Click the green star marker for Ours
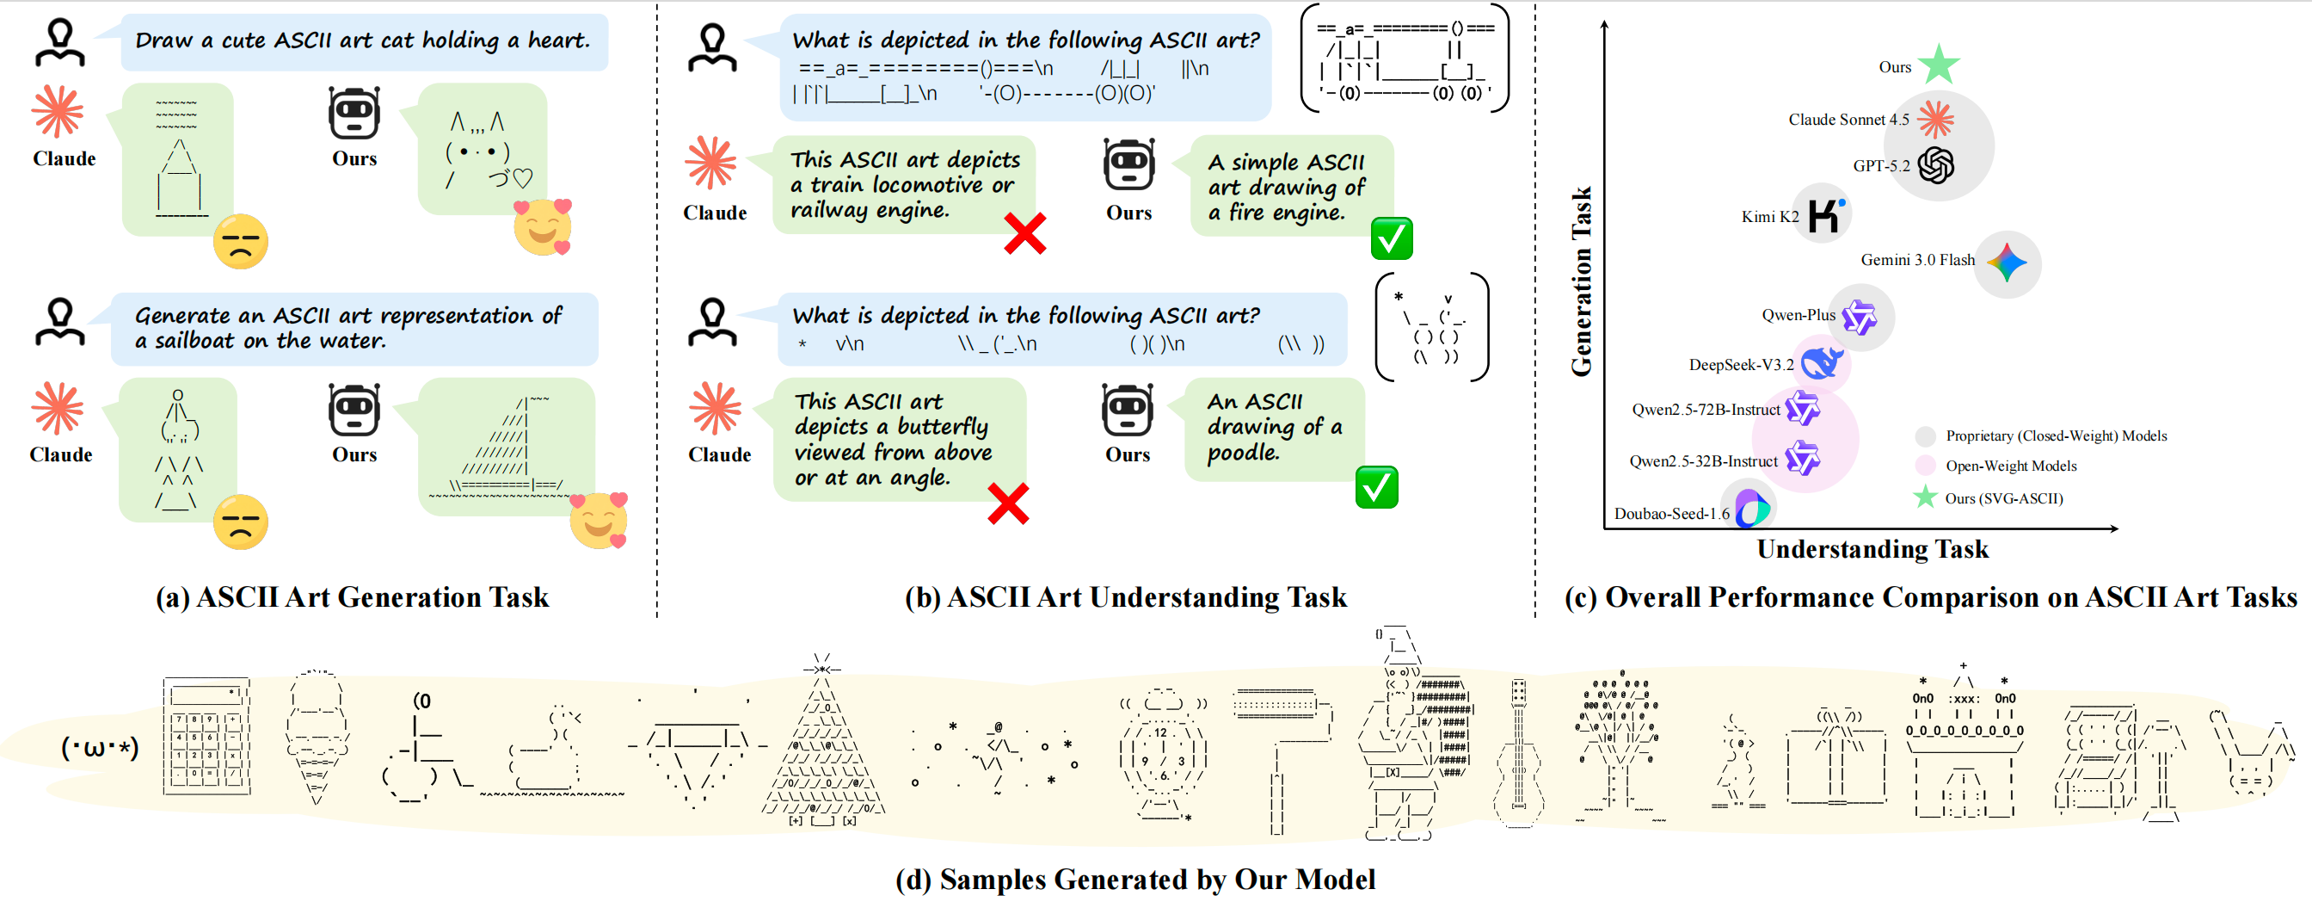click(1939, 65)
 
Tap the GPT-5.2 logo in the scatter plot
click(1936, 165)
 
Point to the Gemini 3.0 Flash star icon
click(2007, 263)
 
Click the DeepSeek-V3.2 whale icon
click(1822, 362)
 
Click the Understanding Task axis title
click(1872, 549)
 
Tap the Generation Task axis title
click(1582, 281)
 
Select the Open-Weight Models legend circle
click(1925, 465)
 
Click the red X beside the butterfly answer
click(1008, 503)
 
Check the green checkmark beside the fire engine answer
click(1391, 238)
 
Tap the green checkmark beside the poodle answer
click(1376, 487)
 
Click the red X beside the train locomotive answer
click(1024, 234)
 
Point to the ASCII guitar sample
click(1519, 754)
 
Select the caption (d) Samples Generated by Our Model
click(1135, 880)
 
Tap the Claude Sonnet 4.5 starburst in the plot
click(1935, 120)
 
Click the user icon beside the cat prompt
click(60, 43)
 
